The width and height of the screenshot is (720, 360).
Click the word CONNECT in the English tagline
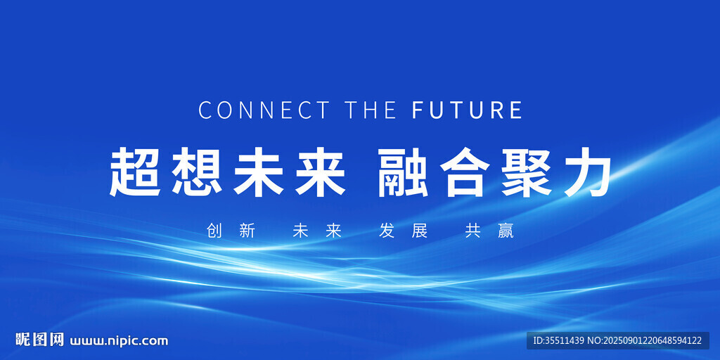[264, 110]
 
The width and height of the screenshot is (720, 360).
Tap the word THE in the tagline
[371, 110]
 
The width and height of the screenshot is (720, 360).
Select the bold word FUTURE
[467, 110]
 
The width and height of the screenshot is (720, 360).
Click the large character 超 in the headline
[135, 172]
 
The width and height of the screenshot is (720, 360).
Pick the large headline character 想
[197, 172]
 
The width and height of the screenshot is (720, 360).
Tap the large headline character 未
[258, 172]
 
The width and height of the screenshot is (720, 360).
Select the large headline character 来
[320, 172]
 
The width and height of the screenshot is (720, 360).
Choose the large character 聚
[526, 172]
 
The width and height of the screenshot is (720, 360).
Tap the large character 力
[586, 172]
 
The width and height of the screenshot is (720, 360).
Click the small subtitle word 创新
[231, 231]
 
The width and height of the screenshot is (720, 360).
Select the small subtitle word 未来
[317, 231]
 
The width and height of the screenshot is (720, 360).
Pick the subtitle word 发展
[403, 231]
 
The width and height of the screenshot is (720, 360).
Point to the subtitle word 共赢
[489, 231]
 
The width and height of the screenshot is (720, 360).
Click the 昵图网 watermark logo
[39, 340]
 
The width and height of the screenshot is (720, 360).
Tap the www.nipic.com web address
[118, 341]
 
